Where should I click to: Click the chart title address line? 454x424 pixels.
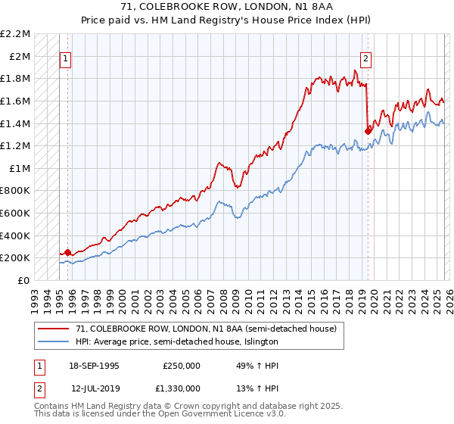(x=227, y=7)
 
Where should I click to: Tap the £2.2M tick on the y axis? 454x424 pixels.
(x=16, y=34)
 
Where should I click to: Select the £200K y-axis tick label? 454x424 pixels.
(x=16, y=258)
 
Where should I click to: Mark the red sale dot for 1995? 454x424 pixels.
(x=68, y=252)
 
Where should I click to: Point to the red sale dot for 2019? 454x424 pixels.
(x=368, y=130)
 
